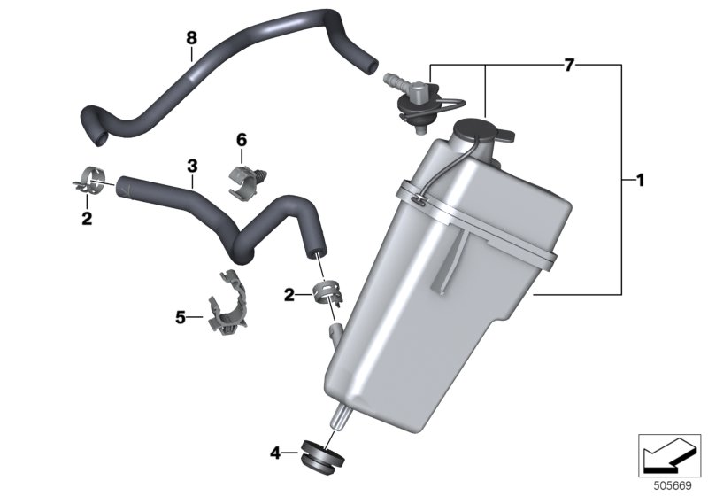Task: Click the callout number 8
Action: point(191,38)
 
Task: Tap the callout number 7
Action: point(569,66)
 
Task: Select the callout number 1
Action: point(639,180)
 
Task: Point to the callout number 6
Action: point(242,140)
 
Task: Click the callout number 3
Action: point(192,166)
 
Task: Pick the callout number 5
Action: point(181,318)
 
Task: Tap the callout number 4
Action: point(275,453)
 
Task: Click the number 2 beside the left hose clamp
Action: point(87,219)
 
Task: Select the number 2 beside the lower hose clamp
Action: point(289,296)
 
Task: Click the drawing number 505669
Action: point(673,486)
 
